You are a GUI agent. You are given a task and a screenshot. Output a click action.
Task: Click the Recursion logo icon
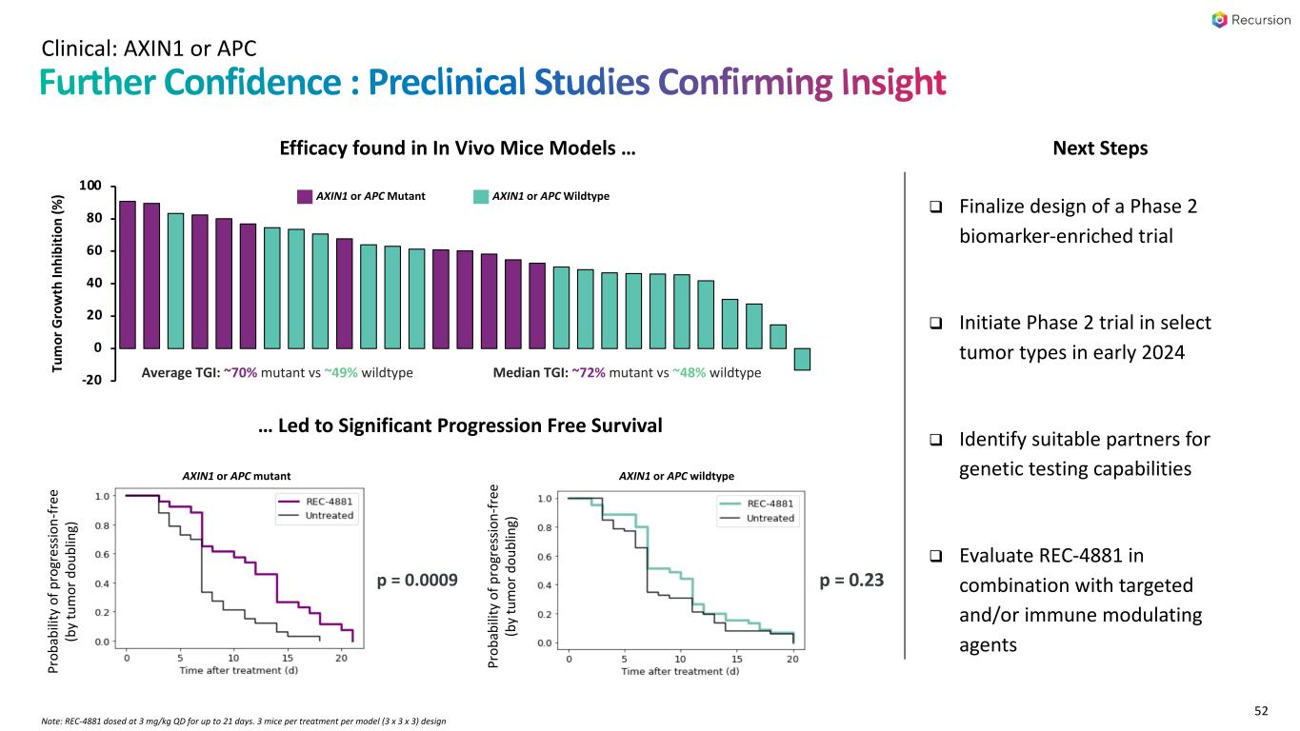point(1220,20)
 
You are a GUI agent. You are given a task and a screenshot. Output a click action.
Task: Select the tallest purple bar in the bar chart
point(127,274)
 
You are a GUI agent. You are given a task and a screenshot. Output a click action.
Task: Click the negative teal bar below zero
point(802,359)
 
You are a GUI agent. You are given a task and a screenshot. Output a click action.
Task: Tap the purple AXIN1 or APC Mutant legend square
point(305,196)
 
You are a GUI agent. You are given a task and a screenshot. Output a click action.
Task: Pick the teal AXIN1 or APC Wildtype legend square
point(481,196)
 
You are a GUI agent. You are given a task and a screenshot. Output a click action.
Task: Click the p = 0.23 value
point(851,580)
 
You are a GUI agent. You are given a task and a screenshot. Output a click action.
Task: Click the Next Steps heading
point(1099,148)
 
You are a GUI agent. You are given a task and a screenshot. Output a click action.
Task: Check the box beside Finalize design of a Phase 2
point(936,207)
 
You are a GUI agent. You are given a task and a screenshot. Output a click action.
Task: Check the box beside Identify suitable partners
point(936,441)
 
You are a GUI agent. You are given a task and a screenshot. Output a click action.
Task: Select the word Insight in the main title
point(893,83)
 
